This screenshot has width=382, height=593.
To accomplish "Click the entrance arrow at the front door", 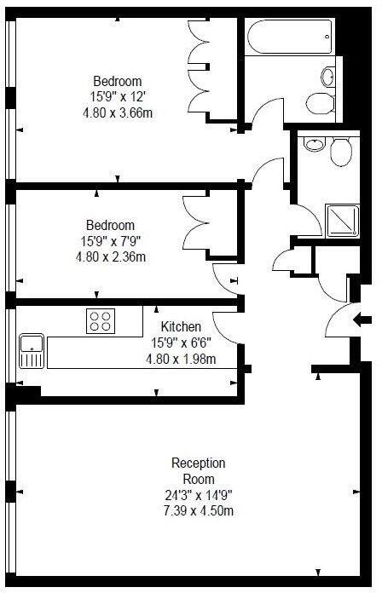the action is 362,320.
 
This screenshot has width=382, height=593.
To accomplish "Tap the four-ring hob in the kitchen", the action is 101,321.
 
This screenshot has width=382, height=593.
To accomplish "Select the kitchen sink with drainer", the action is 32,351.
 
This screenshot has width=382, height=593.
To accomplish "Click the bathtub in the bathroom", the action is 290,37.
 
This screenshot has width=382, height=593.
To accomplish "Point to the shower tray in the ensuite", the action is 343,221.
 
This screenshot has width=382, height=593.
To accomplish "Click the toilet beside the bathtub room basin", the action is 321,103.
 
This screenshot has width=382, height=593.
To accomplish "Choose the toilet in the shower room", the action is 341,152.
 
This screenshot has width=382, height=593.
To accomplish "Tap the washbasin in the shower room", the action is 315,144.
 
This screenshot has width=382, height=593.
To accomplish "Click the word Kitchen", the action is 181,326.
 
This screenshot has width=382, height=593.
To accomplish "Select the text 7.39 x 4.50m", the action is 199,511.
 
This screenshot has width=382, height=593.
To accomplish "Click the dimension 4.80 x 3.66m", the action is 118,112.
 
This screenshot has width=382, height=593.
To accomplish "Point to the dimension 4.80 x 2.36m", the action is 111,256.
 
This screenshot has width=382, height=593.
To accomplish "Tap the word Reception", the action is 199,463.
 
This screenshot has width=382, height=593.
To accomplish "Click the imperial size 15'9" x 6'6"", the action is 181,343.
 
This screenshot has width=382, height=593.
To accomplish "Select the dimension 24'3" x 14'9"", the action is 199,495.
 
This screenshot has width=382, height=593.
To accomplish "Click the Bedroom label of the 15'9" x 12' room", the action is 118,81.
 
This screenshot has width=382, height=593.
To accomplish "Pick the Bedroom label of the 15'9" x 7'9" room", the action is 111,225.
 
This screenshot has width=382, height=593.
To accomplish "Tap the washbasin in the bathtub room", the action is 328,77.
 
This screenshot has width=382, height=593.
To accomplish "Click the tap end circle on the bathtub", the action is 327,37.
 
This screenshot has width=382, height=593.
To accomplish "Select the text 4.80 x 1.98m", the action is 181,359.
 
